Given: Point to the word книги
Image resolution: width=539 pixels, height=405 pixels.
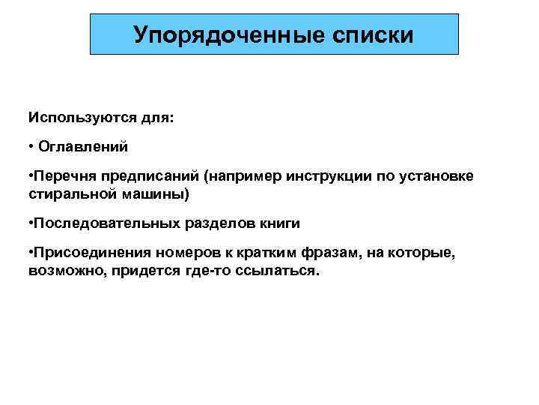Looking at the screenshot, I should [x=278, y=224].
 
